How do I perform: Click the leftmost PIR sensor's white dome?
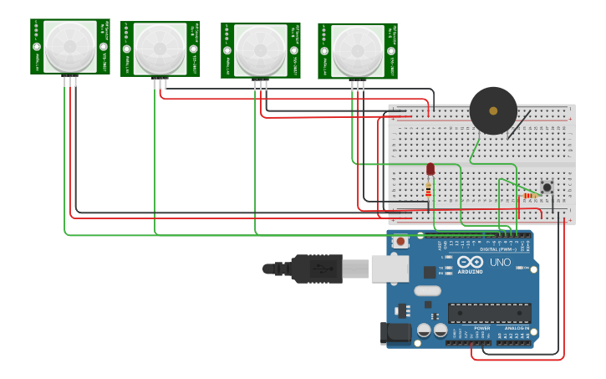(70, 46)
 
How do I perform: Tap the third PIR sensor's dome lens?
(260, 50)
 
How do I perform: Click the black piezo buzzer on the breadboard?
(492, 110)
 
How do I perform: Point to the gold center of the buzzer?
(493, 110)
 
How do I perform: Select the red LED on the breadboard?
(430, 169)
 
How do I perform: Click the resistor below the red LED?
(429, 190)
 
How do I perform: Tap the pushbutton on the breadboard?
(547, 187)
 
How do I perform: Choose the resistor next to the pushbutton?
(531, 196)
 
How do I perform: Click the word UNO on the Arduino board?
(499, 263)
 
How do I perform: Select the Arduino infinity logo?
(470, 262)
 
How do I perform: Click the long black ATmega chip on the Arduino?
(489, 313)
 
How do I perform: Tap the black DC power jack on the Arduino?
(397, 334)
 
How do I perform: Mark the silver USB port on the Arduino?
(390, 268)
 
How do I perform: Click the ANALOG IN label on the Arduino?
(515, 329)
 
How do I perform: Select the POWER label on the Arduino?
(482, 329)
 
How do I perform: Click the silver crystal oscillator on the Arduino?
(426, 291)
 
